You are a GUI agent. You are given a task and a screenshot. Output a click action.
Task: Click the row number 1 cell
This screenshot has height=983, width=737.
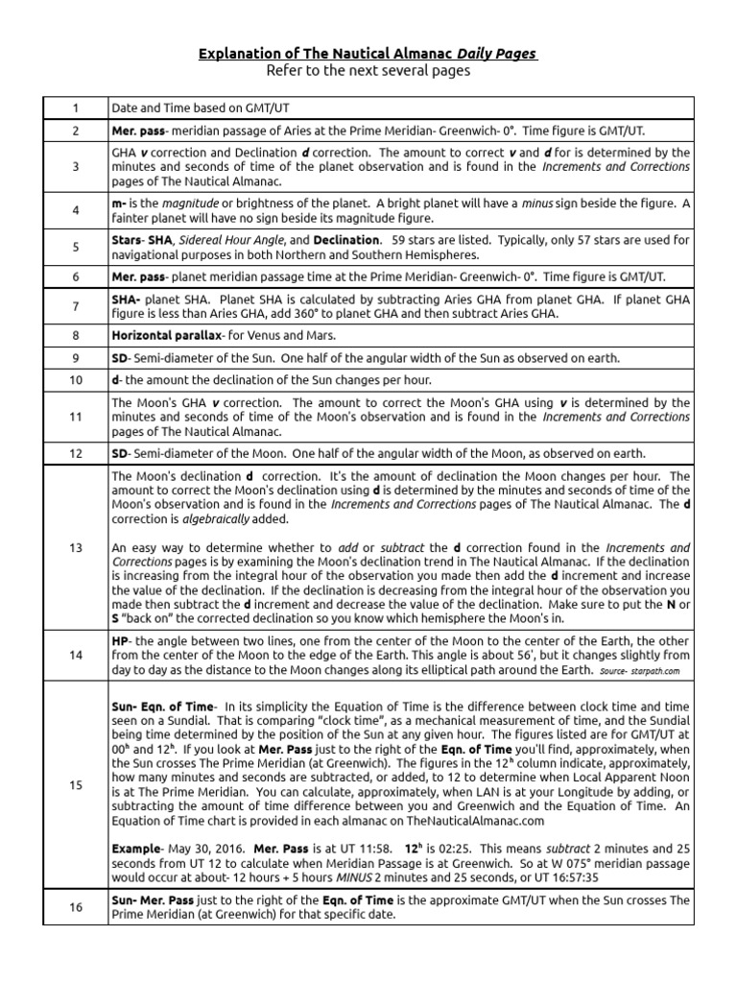(x=76, y=107)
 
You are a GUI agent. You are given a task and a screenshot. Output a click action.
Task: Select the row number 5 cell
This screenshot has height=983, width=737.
(x=76, y=247)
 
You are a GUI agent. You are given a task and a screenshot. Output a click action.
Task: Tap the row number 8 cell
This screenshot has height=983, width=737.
(x=76, y=336)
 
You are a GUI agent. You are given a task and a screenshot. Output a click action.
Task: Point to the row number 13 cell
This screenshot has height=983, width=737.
(x=76, y=546)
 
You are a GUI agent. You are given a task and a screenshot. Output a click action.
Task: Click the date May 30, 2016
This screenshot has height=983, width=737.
(x=205, y=849)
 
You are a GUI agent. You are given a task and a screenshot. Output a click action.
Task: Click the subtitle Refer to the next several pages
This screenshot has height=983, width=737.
(x=368, y=71)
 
